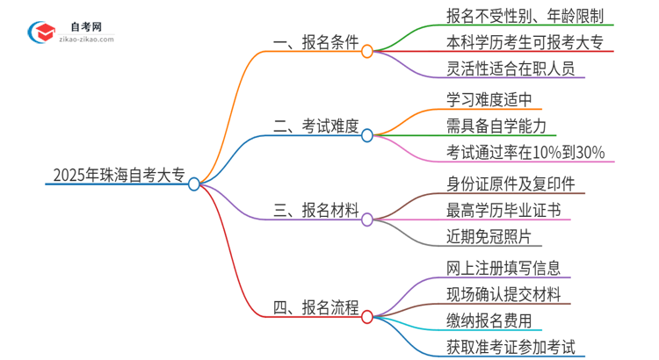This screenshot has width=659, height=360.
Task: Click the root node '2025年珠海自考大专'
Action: click(114, 176)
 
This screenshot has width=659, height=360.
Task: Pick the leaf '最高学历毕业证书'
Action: click(497, 210)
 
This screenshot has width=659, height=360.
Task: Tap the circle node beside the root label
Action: click(194, 184)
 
